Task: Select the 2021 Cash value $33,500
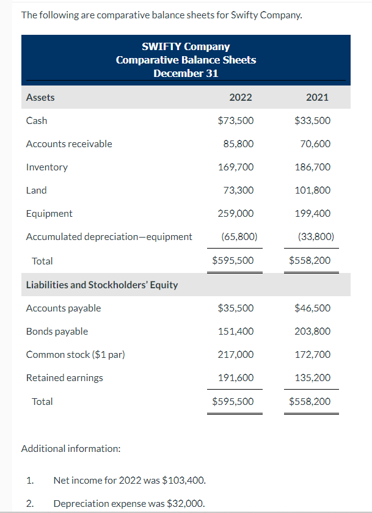312,121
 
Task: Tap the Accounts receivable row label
69,144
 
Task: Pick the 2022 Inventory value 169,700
236,167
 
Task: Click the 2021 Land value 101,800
312,191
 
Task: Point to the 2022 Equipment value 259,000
236,214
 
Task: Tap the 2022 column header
240,97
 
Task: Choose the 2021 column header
316,97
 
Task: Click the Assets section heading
40,97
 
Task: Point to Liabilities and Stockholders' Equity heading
102,285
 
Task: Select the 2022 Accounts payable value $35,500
236,308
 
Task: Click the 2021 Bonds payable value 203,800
312,332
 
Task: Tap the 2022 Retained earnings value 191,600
236,378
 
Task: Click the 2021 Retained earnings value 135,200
312,378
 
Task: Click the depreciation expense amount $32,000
185,504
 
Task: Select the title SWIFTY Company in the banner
186,46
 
